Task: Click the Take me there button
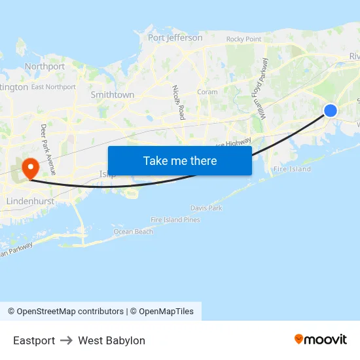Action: (x=180, y=160)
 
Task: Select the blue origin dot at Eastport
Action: (x=331, y=111)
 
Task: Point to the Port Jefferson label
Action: (x=175, y=38)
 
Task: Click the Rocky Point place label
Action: (x=243, y=39)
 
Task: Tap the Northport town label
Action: (x=45, y=67)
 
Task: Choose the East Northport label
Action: (x=54, y=87)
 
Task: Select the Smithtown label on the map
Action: (x=113, y=95)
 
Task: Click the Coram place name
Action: (x=207, y=92)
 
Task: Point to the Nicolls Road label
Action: (x=179, y=101)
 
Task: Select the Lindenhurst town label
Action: (x=30, y=201)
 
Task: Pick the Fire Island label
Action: (x=292, y=170)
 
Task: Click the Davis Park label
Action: (x=206, y=208)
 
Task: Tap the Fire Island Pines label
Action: (x=175, y=220)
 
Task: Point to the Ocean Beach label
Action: (x=134, y=232)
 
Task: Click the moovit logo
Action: (x=321, y=339)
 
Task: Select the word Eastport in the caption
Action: (x=34, y=340)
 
